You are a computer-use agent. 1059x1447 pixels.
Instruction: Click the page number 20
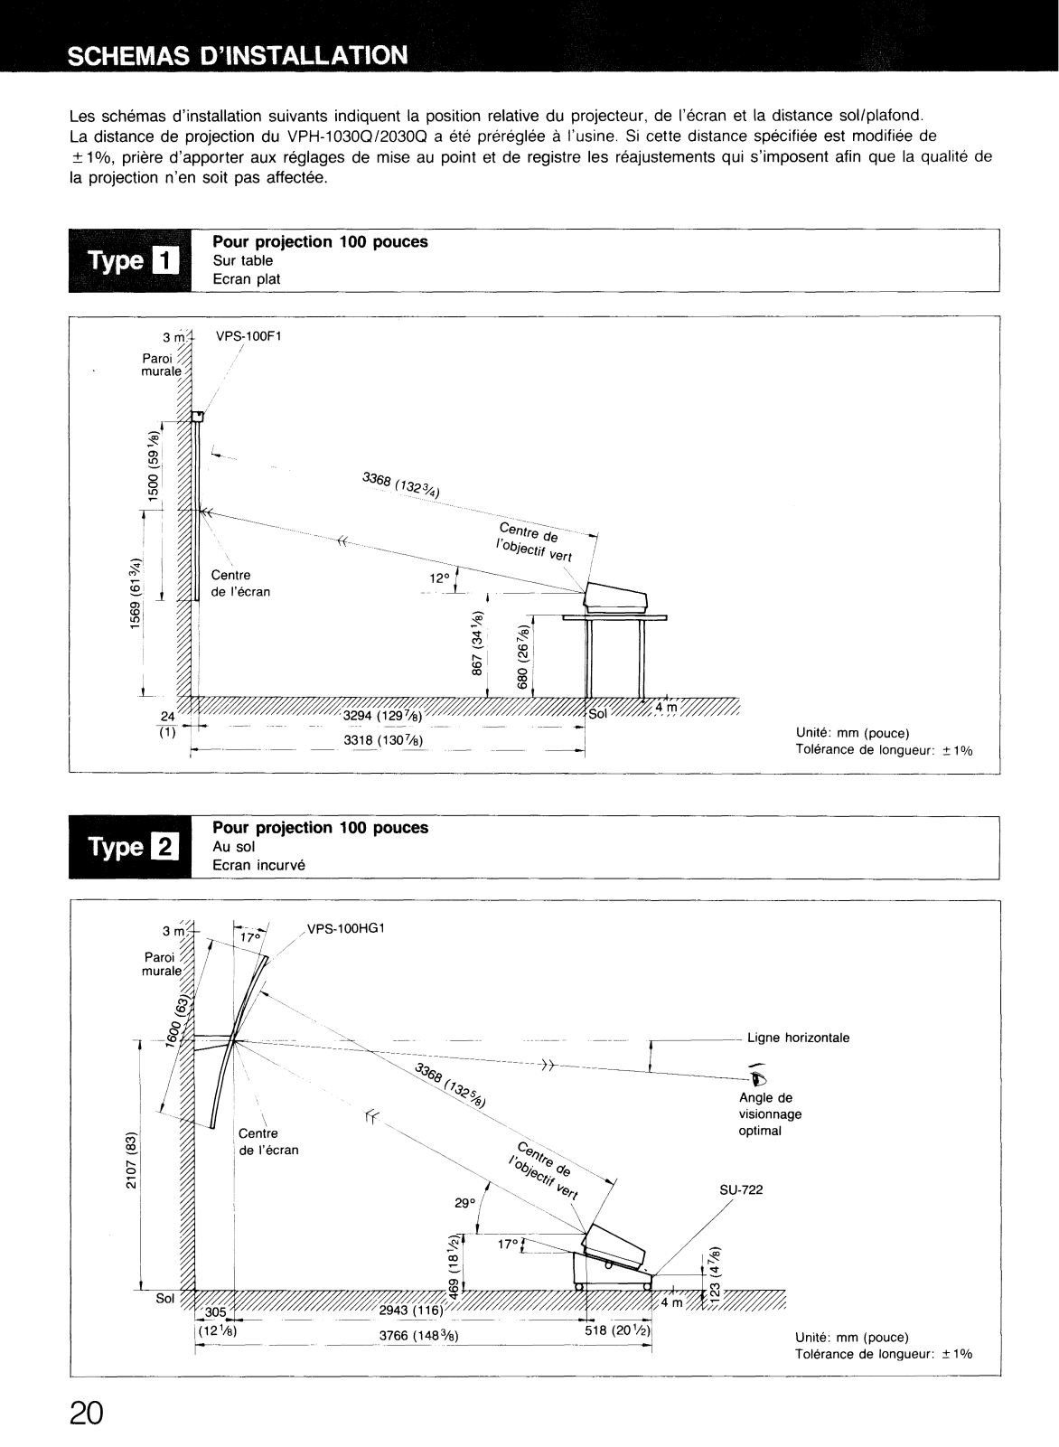[87, 1411]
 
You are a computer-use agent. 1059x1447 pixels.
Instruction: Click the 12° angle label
[439, 578]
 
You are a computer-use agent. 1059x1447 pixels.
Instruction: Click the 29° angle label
[464, 1203]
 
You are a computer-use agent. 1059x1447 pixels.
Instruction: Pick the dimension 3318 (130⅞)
[384, 742]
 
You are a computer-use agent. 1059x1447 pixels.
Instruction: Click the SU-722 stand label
[741, 1189]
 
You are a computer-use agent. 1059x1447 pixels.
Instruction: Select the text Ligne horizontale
[798, 1038]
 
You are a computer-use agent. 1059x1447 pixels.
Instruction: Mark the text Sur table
[242, 260]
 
